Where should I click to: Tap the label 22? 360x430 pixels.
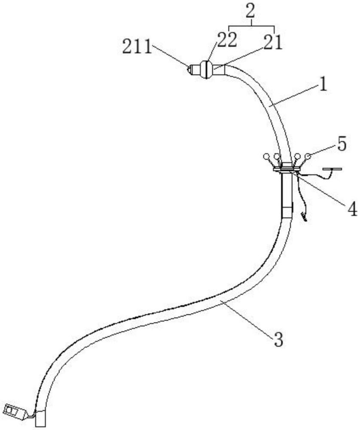point(226,40)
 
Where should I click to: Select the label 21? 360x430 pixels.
point(272,43)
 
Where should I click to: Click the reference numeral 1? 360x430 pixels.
point(323,85)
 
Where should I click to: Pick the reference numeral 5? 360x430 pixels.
point(342,144)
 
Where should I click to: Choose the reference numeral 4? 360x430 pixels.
point(352,209)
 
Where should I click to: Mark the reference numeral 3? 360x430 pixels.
point(278,340)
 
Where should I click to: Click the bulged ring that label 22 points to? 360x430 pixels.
point(206,70)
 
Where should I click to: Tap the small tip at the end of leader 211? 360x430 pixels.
point(189,69)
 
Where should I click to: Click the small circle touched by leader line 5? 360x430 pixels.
point(308,157)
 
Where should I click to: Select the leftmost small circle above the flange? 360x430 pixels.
point(266,157)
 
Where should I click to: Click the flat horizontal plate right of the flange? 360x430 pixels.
point(333,169)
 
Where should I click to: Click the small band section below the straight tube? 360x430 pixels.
point(287,212)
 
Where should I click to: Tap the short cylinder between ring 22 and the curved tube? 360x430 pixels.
point(218,70)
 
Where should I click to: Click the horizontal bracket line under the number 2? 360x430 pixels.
point(252,26)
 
